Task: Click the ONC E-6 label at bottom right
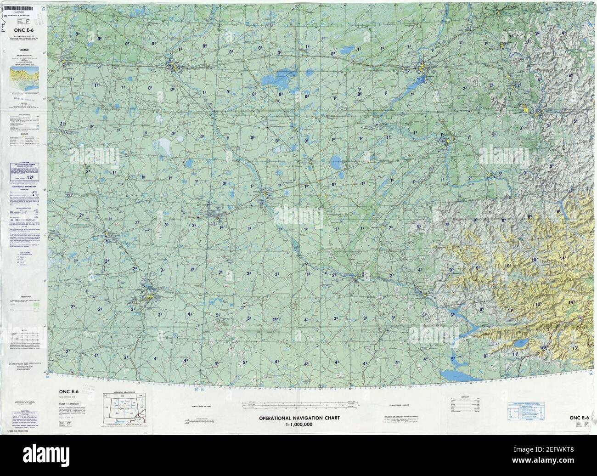pyautogui.click(x=580, y=417)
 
